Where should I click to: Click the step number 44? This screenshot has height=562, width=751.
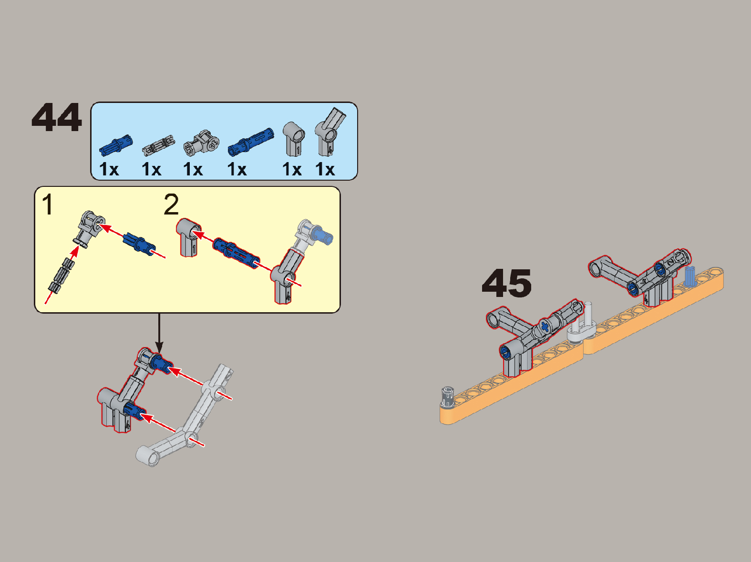(57, 118)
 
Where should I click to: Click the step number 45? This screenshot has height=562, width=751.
(507, 283)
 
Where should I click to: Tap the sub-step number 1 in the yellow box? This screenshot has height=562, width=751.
(48, 204)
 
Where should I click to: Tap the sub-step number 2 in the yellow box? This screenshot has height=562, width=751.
(171, 204)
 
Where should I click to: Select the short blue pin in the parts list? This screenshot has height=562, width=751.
(116, 145)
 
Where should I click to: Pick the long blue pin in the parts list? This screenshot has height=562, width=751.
(251, 142)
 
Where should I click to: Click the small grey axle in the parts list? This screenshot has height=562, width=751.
(158, 145)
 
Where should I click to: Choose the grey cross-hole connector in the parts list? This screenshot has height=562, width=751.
(202, 142)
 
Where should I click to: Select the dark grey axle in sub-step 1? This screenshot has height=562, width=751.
(62, 276)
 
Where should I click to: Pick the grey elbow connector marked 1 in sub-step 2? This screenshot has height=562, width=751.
(188, 237)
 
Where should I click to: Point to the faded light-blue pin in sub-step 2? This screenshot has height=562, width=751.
(322, 235)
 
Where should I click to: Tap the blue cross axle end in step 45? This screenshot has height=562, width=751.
(545, 327)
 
